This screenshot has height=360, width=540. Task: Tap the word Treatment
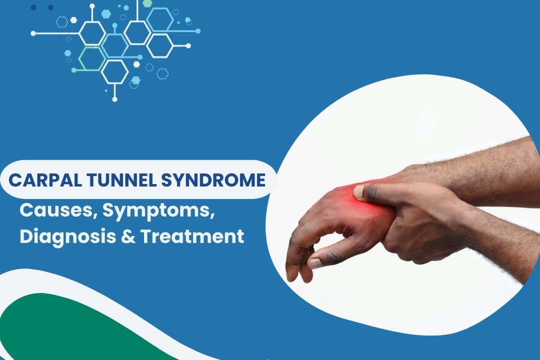point(192,237)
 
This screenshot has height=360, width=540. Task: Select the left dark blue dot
point(33,7)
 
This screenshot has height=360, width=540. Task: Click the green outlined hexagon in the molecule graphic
point(92,58)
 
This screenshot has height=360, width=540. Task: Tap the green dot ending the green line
point(73,70)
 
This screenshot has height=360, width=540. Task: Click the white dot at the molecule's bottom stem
point(114,99)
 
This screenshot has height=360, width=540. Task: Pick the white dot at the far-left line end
point(33,33)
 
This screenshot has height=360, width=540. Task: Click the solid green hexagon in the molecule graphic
point(147,3)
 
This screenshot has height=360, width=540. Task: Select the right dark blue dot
point(50,7)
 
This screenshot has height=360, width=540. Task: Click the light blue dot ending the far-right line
point(198,31)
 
